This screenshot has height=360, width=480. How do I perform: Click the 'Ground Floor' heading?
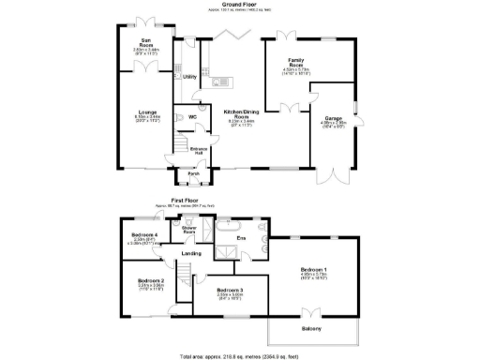coord(240,4)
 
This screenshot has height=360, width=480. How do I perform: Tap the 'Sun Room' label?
coord(145,41)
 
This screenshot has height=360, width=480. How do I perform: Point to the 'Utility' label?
coord(188,78)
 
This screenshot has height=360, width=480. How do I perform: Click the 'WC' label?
coord(192,116)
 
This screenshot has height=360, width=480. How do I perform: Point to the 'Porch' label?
coord(193,173)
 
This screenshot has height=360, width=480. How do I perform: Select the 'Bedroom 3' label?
coord(229,291)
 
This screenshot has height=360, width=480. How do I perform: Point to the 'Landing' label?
coord(192,253)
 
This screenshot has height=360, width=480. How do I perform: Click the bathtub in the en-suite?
coord(231,227)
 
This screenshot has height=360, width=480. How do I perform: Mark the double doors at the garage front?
coord(331,174)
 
